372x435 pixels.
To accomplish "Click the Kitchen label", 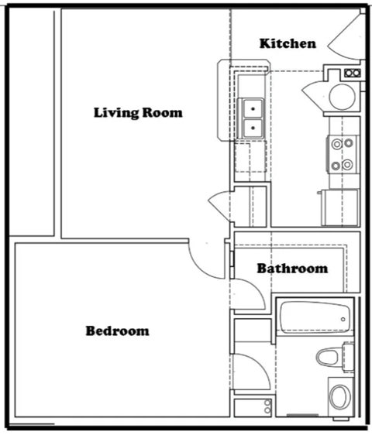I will pos(288,43).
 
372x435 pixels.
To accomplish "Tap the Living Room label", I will pos(138,112).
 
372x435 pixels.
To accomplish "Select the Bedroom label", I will pos(117,331).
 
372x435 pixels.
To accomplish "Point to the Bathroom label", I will pos(292,269).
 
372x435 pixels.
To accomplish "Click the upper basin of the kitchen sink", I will pos(253,108).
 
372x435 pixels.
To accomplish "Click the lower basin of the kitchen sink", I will pos(253,128).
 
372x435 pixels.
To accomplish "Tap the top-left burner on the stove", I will pos(337,142).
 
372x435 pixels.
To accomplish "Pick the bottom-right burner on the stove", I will pos(350,164).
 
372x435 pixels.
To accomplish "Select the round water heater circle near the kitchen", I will pos(341,95).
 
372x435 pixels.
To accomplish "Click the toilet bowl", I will pos(329,358).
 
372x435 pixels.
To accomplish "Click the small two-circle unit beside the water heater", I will pos(352,74).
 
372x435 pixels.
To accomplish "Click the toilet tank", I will pos(347,357).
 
